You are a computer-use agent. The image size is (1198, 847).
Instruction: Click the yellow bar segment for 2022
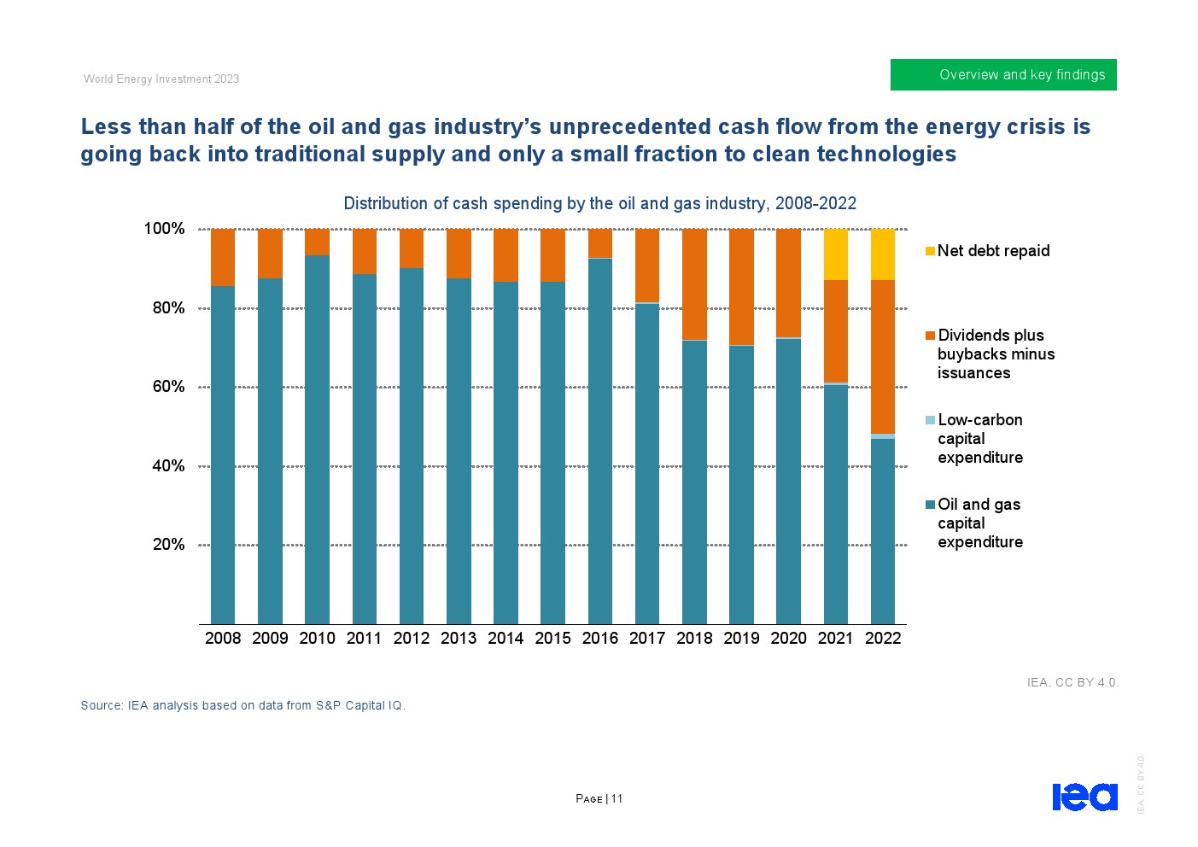coord(882,254)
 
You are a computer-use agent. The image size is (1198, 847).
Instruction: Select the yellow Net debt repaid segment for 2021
coord(835,254)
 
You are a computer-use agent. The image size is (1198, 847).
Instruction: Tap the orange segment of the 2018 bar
coord(694,284)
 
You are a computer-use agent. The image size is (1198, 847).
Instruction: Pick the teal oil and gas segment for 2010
coord(317,440)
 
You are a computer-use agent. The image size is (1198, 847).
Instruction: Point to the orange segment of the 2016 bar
coord(600,243)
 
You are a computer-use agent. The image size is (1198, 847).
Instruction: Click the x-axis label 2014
coord(505,638)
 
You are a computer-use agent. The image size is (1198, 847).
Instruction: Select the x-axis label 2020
coord(788,638)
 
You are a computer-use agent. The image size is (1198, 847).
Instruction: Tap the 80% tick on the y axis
coord(169,308)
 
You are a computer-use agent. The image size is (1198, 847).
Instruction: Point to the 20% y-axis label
coord(169,545)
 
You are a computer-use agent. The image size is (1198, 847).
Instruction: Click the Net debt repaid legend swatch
coord(930,251)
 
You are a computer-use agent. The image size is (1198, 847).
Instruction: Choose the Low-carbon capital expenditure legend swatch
coord(930,420)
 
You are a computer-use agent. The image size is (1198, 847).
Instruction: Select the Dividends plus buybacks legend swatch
coord(930,336)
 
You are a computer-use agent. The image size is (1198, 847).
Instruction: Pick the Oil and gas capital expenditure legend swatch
coord(930,505)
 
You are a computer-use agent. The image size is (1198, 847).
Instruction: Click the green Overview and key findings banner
coord(1003,75)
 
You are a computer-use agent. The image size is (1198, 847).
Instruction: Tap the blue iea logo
coord(1084,797)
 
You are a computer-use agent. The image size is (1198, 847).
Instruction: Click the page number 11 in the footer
coord(617,799)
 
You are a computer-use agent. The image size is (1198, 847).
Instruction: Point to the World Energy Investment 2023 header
coord(161,79)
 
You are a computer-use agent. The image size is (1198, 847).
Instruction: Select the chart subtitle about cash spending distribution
coord(599,203)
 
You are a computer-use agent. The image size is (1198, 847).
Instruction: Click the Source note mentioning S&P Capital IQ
coord(243,705)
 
